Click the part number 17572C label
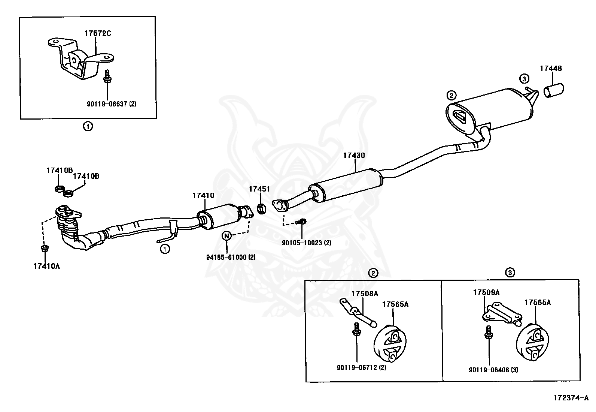97,33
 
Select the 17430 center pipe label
354,155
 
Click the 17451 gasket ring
262,208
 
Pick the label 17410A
46,267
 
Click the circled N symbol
226,236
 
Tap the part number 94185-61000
226,257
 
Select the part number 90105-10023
306,243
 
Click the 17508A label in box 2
365,294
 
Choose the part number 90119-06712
361,367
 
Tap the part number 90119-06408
493,370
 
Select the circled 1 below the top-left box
87,127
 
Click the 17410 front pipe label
203,195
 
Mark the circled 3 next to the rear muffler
524,79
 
